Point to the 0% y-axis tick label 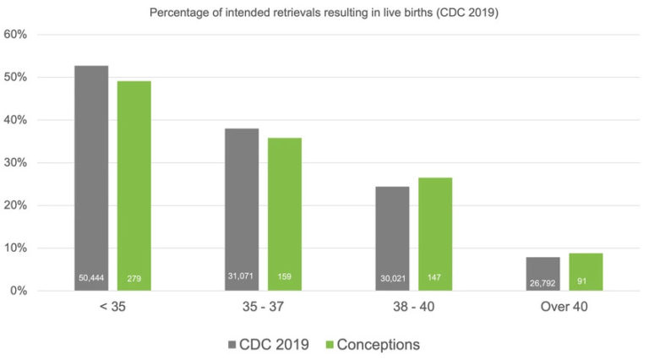(x=19, y=291)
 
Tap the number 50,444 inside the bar (x=91, y=278)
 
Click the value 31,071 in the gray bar (x=242, y=278)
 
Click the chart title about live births (x=324, y=12)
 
